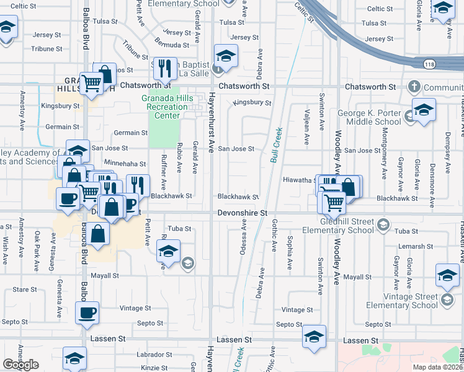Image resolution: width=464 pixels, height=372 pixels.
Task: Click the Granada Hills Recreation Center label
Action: pyautogui.click(x=164, y=107)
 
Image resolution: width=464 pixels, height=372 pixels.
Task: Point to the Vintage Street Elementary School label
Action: pyautogui.click(x=401, y=300)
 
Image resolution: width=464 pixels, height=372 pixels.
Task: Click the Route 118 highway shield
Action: pyautogui.click(x=429, y=64)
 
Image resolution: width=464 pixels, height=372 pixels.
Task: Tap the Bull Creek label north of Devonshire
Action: pyautogui.click(x=276, y=145)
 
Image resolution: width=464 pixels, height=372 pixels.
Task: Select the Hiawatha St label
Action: pyautogui.click(x=300, y=180)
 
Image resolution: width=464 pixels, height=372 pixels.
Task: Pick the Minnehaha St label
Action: pyautogui.click(x=125, y=164)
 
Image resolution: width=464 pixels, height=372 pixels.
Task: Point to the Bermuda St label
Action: pyautogui.click(x=172, y=45)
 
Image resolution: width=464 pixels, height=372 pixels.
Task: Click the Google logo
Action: pyautogui.click(x=20, y=365)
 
